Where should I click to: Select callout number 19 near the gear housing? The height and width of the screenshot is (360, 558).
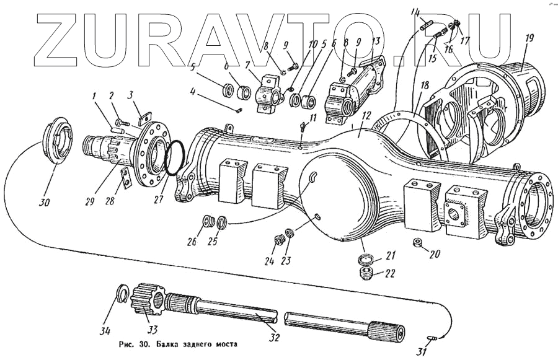(x=528, y=38)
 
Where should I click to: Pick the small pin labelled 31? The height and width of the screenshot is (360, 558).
(x=434, y=336)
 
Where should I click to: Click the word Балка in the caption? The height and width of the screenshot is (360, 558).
(x=169, y=343)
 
